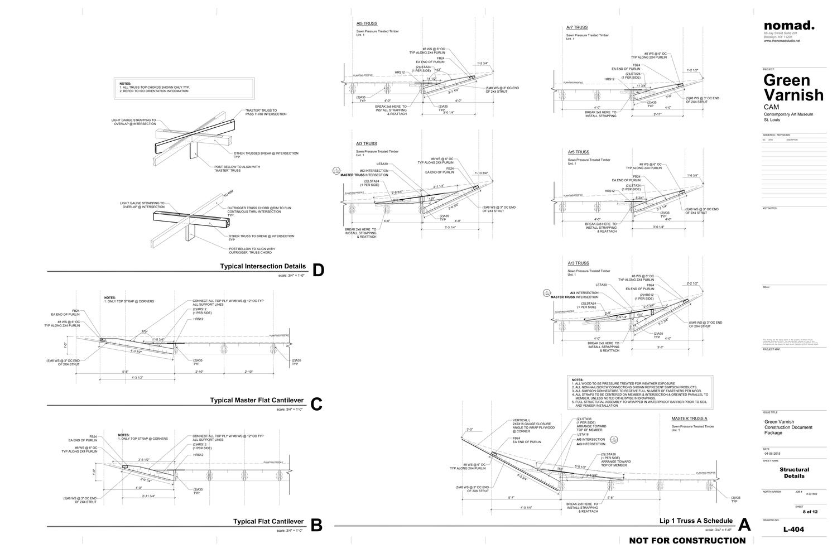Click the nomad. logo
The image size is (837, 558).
coord(789,25)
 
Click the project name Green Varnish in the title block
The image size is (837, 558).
coord(793,86)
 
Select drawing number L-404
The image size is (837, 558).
coord(793,530)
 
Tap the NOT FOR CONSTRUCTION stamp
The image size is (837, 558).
coord(687,540)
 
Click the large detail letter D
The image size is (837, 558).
coord(318,270)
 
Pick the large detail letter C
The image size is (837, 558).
coord(316,404)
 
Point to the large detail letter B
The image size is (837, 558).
coord(316,525)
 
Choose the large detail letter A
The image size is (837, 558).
coord(744,525)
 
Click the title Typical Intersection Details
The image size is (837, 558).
coord(263,266)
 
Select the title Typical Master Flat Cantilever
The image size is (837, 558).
coord(257,400)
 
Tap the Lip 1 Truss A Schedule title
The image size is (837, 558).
coord(695,521)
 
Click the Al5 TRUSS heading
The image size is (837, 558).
coord(367,24)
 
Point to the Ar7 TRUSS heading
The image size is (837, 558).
coord(576,27)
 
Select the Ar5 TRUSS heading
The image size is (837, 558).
coord(578,152)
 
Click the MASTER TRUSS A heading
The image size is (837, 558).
coord(689,419)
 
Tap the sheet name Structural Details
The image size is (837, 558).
coord(794,473)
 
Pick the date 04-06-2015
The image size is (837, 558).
coord(773,454)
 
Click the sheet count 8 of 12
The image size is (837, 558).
coord(810,512)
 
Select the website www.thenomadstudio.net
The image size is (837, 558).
coord(782,41)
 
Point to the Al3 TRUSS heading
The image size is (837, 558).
coord(367,144)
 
